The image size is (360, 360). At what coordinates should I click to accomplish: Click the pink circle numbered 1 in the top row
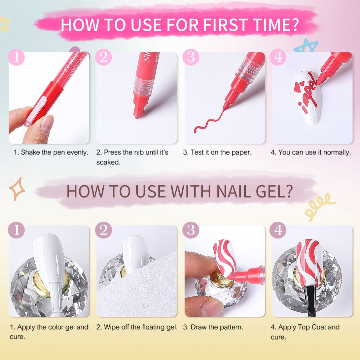pos(16,57)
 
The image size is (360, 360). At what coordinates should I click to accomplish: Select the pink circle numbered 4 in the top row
pos(278,57)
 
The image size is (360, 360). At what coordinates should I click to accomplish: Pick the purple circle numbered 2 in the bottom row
pos(104,230)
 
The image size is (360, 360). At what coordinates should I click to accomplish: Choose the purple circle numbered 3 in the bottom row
pos(191,230)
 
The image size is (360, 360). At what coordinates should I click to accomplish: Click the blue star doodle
pos(306,46)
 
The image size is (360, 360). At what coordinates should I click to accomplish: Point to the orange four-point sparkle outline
pos(17,189)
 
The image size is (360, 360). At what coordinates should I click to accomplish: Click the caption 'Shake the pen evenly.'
pos(51,153)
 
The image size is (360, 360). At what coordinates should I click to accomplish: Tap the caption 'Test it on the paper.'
pos(217,153)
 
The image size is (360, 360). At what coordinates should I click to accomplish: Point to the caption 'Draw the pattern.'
pos(213,327)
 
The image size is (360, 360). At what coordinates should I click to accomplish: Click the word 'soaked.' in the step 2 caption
pos(108,162)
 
